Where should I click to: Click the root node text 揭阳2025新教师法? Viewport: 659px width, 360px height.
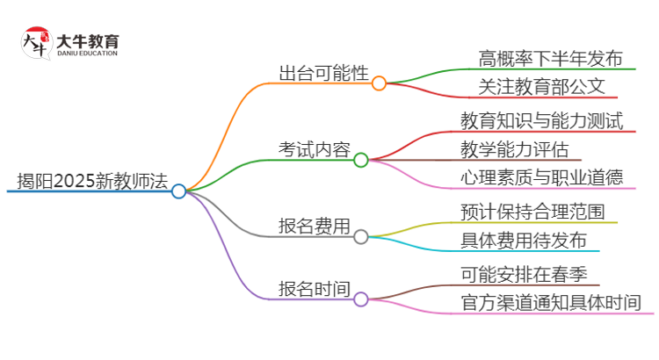pyautogui.click(x=91, y=181)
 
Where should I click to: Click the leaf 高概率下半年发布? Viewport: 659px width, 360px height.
pyautogui.click(x=551, y=59)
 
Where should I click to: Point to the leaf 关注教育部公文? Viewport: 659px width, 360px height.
pyautogui.click(x=542, y=87)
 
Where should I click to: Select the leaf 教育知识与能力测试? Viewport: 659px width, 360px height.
pyautogui.click(x=541, y=120)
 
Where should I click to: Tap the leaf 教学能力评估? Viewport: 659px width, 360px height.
pyautogui.click(x=515, y=148)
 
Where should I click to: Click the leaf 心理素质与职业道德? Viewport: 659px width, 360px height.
pyautogui.click(x=542, y=176)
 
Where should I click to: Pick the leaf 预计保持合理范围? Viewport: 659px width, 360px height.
pyautogui.click(x=532, y=211)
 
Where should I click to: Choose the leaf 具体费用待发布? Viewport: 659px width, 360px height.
pyautogui.click(x=524, y=239)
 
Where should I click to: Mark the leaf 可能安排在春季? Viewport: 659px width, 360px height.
pyautogui.click(x=524, y=273)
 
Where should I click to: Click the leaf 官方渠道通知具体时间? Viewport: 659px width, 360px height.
pyautogui.click(x=551, y=302)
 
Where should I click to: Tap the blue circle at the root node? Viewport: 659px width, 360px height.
pyautogui.click(x=179, y=191)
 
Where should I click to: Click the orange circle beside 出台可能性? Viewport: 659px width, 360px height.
pyautogui.click(x=379, y=83)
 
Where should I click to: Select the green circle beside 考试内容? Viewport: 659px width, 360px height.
pyautogui.click(x=361, y=160)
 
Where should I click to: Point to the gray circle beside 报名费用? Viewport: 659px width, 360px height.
pyautogui.click(x=361, y=234)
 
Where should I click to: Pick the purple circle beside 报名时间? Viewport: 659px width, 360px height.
pyautogui.click(x=361, y=299)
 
